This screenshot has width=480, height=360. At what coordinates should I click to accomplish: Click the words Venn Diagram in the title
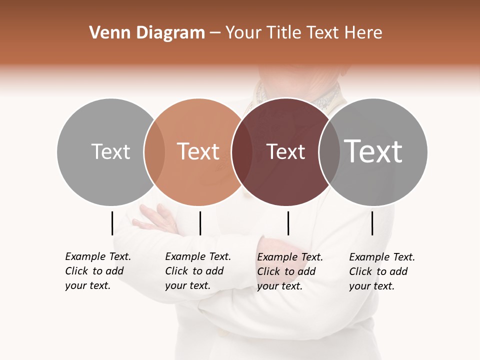click(147, 33)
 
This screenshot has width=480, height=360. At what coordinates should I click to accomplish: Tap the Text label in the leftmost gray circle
click(110, 151)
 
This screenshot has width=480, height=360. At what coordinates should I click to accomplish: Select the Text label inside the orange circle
click(198, 151)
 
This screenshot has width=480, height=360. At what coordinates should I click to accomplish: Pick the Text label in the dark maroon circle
click(285, 151)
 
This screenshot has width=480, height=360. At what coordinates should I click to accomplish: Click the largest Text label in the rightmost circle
click(373, 151)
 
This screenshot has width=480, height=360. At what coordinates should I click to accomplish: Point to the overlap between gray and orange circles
click(154, 151)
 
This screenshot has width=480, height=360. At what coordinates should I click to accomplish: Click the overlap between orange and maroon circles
click(242, 151)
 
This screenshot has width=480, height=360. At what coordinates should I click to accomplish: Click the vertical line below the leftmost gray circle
click(112, 223)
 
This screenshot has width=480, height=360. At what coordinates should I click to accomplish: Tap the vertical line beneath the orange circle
click(200, 223)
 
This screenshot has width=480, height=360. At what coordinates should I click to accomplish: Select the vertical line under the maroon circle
click(288, 223)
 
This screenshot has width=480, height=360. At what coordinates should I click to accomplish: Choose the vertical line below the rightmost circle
click(372, 223)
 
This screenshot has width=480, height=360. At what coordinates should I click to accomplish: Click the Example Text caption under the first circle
click(98, 271)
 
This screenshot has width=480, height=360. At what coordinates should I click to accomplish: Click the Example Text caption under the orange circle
click(198, 271)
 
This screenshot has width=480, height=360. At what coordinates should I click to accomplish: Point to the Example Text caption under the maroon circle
click(290, 271)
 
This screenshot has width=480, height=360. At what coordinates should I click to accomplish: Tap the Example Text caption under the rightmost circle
click(382, 271)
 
